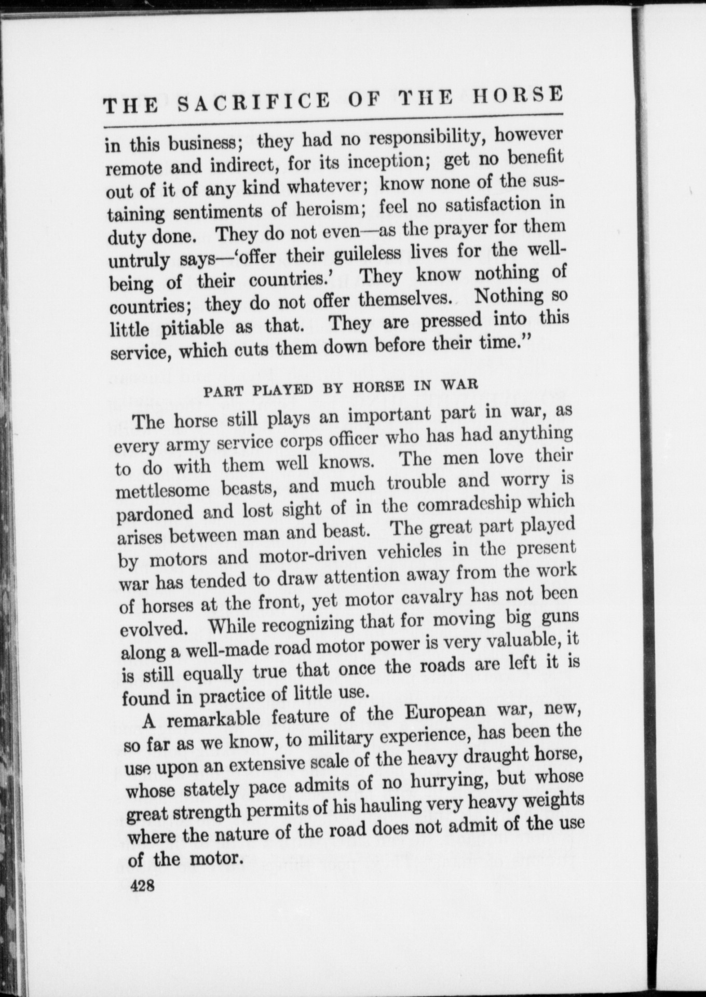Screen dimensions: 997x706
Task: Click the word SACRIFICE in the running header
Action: pyautogui.click(x=253, y=101)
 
